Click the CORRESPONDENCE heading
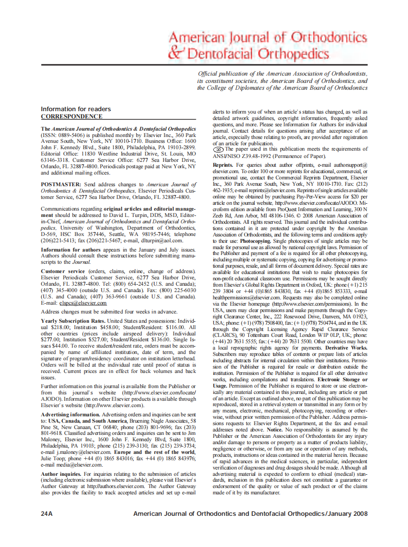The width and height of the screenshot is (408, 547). (x=72, y=117)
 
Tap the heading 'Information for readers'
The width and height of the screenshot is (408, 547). (x=75, y=109)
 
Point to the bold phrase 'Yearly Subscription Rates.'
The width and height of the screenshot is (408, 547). (x=73, y=321)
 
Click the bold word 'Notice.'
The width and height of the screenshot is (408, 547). (x=275, y=429)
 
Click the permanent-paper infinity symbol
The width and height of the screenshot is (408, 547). (x=219, y=149)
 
